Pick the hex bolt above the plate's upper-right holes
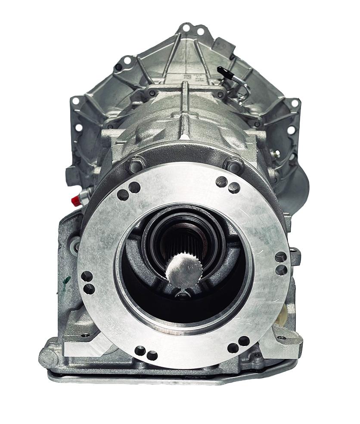point(233,164)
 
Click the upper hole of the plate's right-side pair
point(280,257)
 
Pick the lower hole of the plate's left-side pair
point(89,289)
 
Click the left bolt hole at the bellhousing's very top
point(186,28)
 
